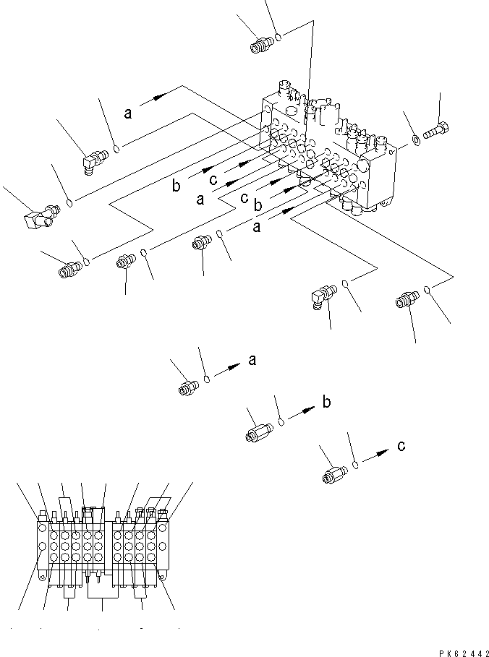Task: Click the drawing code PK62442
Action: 462,651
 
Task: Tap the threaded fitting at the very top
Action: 259,47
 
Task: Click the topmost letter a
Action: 128,112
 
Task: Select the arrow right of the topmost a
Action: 157,99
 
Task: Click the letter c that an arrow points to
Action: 401,446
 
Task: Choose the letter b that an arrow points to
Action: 326,403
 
